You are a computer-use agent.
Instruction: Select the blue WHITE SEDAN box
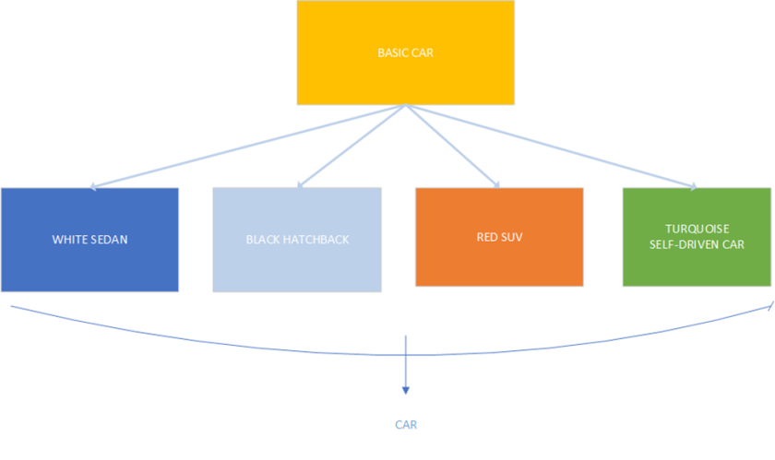[x=89, y=240]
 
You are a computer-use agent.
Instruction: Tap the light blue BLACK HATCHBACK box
[x=297, y=240]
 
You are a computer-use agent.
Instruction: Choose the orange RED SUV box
[x=499, y=237]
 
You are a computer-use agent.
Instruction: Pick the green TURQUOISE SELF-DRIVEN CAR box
[x=697, y=237]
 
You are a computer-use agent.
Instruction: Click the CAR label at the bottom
[x=406, y=425]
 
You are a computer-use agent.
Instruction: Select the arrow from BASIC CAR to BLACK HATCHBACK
[x=352, y=147]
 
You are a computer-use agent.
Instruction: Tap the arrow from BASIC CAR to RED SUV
[x=452, y=147]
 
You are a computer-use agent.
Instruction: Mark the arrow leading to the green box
[x=554, y=147]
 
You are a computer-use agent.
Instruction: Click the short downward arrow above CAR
[x=405, y=369]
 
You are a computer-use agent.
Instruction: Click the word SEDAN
[x=110, y=240]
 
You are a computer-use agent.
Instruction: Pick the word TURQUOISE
[x=697, y=228]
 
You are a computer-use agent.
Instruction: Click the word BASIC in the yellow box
[x=392, y=53]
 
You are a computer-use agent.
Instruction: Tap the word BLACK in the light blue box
[x=261, y=240]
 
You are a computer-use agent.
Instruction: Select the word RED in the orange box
[x=485, y=237]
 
